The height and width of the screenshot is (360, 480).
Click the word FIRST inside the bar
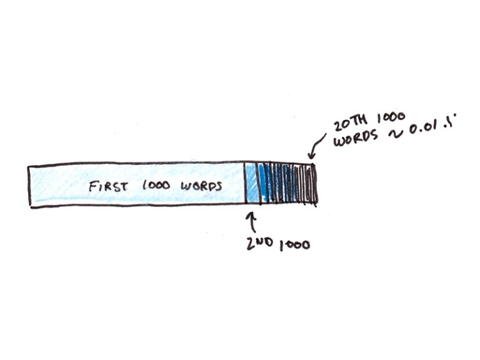click(108, 186)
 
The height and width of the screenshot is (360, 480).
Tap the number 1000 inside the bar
click(156, 185)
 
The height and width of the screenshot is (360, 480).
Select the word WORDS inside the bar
click(201, 186)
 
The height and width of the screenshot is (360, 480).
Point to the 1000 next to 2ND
click(294, 245)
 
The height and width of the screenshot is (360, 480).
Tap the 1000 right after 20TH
click(391, 117)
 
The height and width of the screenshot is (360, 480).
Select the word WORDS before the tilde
click(356, 139)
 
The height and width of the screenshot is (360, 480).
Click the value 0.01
click(424, 127)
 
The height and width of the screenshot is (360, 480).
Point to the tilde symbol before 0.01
click(396, 134)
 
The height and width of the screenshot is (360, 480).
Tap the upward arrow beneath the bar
click(252, 222)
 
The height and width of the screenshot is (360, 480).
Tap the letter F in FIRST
click(92, 186)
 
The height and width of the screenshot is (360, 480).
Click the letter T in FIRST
click(124, 186)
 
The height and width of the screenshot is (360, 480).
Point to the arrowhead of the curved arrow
click(311, 155)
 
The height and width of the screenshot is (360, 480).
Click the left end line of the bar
click(29, 186)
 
